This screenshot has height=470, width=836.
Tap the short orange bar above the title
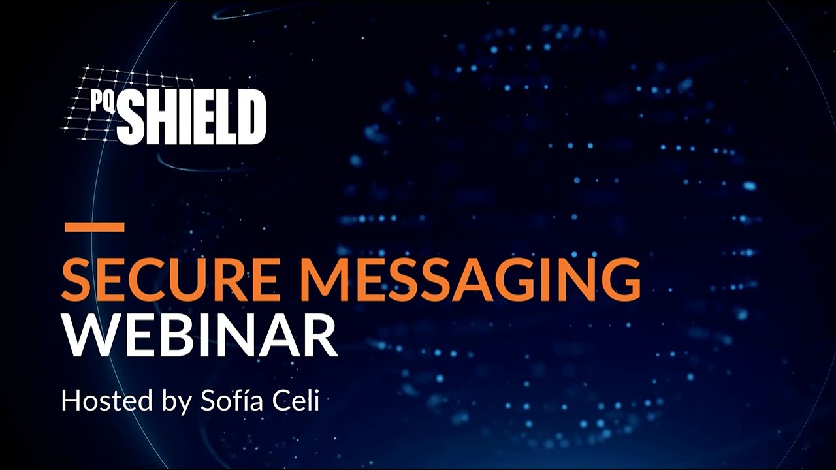[x=94, y=227]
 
